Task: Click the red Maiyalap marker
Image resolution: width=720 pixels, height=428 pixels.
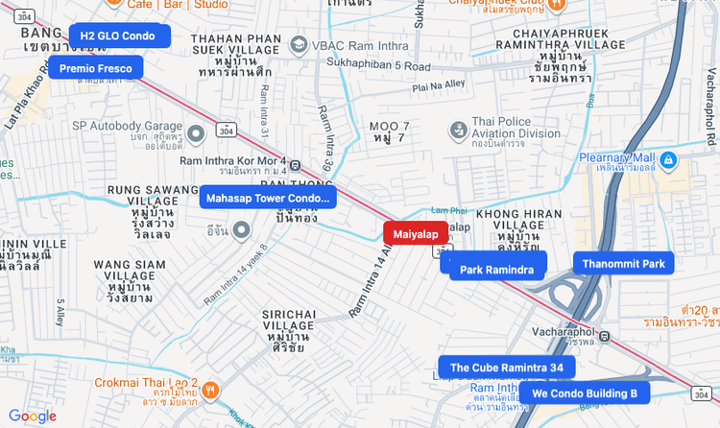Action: (416, 233)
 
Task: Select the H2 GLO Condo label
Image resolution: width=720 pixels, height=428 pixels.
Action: (119, 36)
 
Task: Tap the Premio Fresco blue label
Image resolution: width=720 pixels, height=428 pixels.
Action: (96, 67)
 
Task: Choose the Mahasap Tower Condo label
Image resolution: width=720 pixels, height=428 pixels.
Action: (268, 198)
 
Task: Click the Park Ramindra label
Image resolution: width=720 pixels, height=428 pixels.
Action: (496, 269)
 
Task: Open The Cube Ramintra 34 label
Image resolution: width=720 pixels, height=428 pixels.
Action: (507, 367)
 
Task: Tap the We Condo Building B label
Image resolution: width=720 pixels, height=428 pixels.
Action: (585, 392)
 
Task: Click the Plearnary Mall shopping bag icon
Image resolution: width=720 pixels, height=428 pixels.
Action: (669, 158)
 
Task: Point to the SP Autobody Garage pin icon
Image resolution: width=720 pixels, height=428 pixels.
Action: (196, 132)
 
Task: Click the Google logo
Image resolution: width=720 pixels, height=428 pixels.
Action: (33, 416)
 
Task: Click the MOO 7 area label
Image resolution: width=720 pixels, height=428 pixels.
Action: (389, 127)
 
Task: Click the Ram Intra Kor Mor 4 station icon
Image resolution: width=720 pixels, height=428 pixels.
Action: (295, 165)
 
